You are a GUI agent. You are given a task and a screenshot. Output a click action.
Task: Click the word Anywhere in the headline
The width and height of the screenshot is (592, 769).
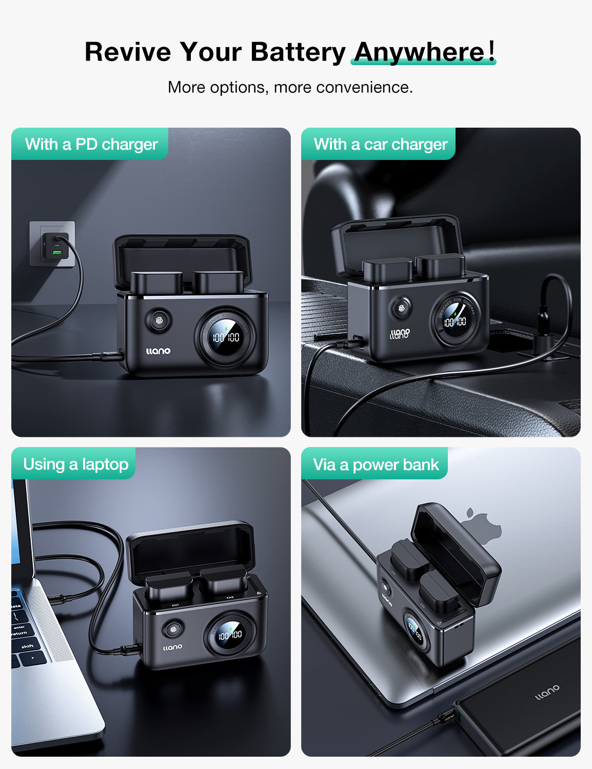[x=419, y=52]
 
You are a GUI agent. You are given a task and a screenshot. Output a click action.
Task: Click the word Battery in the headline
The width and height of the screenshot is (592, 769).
[x=298, y=52]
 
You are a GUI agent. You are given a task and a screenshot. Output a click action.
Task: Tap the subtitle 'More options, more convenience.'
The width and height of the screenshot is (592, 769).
[x=290, y=87]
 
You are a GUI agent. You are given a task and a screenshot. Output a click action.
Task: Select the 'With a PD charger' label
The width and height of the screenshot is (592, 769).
[x=91, y=144]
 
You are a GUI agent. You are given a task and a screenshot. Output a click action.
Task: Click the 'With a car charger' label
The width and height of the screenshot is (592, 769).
[x=380, y=144]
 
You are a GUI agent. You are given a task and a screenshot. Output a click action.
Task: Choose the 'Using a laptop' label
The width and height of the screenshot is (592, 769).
[x=75, y=464]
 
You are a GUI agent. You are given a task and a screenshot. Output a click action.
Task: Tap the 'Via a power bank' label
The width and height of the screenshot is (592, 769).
[x=376, y=464]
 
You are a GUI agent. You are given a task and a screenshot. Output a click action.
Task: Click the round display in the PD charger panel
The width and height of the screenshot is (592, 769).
[x=226, y=336]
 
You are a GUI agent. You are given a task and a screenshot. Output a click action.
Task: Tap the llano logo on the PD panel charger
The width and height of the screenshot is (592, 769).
[x=158, y=351]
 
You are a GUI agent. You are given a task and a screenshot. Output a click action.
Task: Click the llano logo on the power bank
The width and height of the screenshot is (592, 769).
[x=547, y=693]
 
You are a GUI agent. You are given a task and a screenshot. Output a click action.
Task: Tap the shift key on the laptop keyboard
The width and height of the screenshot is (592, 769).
[x=27, y=646]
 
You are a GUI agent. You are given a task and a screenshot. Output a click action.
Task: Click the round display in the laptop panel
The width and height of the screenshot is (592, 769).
[x=230, y=634]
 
